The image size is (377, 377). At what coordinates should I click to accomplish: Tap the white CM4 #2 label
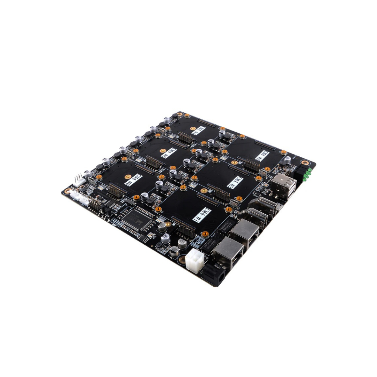pyautogui.click(x=235, y=182)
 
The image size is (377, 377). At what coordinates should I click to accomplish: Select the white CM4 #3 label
pyautogui.click(x=263, y=156)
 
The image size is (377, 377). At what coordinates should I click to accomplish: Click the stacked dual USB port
pyautogui.click(x=283, y=186)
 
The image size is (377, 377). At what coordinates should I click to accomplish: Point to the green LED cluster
pyautogui.click(x=307, y=174)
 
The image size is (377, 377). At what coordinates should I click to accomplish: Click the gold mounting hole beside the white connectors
pyautogui.click(x=67, y=191)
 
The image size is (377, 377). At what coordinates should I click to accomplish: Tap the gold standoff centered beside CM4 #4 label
pyautogui.click(x=192, y=128)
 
